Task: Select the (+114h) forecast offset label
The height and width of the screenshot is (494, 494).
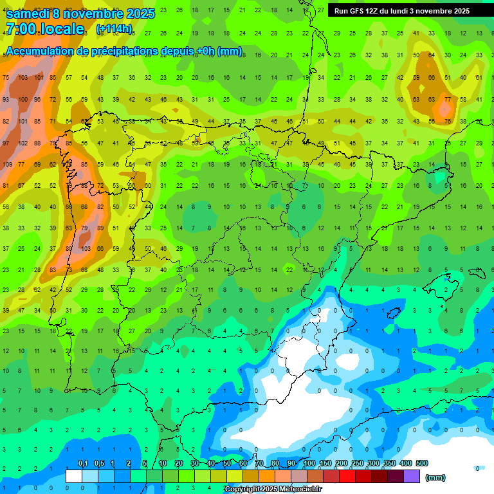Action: (114, 29)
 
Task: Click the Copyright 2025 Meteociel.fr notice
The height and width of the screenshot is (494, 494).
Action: (273, 489)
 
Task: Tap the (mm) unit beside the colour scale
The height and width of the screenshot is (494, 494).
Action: (435, 477)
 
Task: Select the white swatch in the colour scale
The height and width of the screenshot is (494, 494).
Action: (74, 476)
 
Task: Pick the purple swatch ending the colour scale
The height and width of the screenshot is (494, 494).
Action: (412, 476)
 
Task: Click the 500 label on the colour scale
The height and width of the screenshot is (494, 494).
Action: (422, 464)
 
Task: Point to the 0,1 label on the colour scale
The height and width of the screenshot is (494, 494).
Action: (82, 464)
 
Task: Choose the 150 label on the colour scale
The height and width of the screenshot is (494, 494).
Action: (325, 464)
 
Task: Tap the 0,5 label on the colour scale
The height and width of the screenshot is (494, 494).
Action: (98, 464)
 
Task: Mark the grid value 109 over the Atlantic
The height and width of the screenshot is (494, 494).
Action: (7, 165)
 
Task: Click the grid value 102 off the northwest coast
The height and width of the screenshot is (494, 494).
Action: (24, 143)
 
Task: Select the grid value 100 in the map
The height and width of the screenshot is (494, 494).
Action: (24, 100)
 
